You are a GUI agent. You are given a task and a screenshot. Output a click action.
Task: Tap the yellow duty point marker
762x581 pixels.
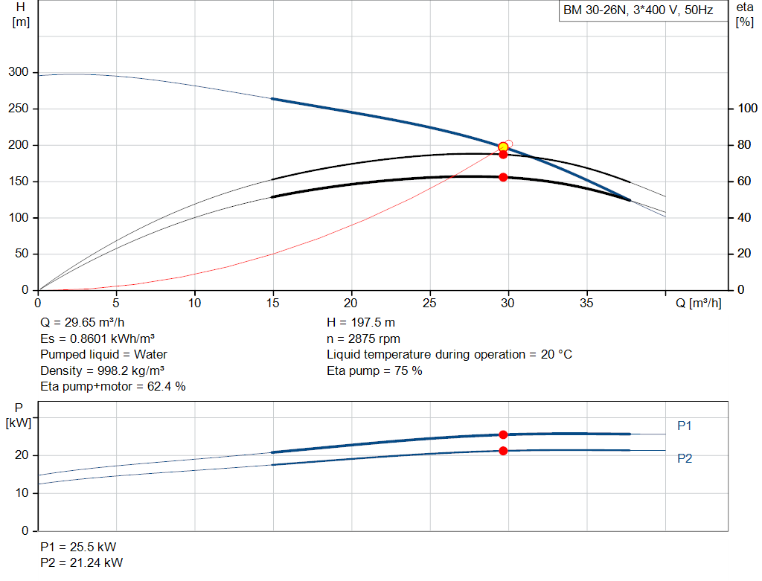[504, 147]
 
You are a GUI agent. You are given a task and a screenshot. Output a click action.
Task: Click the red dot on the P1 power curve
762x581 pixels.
[504, 434]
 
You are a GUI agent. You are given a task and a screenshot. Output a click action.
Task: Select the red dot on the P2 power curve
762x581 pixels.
[504, 452]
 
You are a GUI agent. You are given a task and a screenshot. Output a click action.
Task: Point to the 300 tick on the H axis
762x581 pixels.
[19, 72]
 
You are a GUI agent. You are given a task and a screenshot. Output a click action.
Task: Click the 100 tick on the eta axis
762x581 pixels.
[747, 109]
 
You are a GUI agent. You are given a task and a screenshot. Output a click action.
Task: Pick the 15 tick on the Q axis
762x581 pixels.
[273, 303]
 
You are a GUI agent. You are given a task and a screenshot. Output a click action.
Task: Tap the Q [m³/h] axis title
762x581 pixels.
[698, 303]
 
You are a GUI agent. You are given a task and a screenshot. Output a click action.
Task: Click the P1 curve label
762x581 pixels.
[685, 426]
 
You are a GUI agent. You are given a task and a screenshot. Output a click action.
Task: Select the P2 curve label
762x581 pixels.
[685, 458]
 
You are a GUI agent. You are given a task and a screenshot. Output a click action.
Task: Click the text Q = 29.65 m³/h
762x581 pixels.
[82, 323]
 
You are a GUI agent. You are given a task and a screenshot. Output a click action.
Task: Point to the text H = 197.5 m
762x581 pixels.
[361, 323]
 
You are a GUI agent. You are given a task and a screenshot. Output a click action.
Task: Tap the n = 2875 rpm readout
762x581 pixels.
[363, 338]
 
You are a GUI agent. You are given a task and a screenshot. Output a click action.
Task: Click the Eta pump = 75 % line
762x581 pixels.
[375, 370]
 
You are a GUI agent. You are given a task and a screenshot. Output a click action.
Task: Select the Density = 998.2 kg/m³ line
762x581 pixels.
[102, 370]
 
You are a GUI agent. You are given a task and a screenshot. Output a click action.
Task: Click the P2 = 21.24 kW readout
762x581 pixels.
[82, 562]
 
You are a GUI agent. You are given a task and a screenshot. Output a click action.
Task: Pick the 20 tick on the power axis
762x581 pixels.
[22, 455]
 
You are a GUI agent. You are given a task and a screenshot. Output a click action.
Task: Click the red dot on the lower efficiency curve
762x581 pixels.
[504, 177]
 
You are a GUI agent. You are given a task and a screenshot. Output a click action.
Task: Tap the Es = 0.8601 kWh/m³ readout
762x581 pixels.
[97, 338]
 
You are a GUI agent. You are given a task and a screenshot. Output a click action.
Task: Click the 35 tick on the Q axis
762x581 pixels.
[586, 303]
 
